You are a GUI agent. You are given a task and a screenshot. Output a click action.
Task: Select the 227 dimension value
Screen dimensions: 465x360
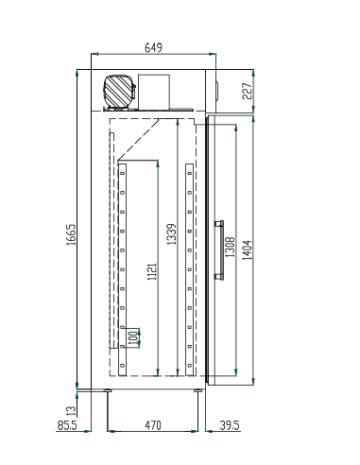(249, 90)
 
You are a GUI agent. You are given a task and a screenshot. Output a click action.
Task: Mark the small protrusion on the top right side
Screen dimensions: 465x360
(214, 90)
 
